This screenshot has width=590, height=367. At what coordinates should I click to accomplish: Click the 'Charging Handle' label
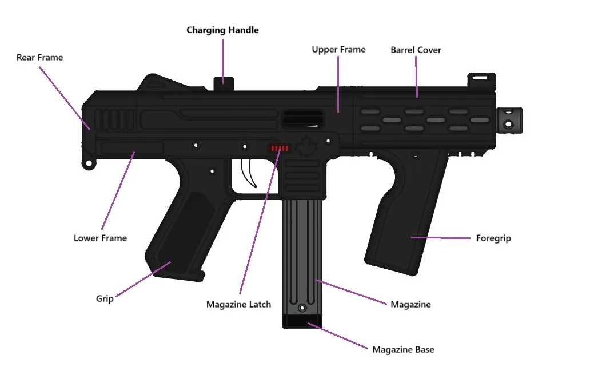pyautogui.click(x=222, y=30)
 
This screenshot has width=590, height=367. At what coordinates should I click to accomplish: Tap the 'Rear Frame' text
pyautogui.click(x=39, y=58)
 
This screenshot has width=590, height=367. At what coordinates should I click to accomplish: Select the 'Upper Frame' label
pyautogui.click(x=338, y=50)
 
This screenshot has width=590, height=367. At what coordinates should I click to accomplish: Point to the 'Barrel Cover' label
pyautogui.click(x=416, y=50)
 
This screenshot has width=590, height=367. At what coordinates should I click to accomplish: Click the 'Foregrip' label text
pyautogui.click(x=493, y=238)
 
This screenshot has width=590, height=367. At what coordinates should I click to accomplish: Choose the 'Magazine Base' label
pyautogui.click(x=403, y=350)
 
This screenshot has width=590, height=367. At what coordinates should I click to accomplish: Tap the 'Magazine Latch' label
pyautogui.click(x=238, y=305)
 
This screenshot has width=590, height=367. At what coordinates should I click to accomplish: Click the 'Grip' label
pyautogui.click(x=105, y=299)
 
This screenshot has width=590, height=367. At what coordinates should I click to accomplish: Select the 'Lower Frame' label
pyautogui.click(x=100, y=238)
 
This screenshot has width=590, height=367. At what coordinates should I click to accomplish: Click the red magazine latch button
pyautogui.click(x=280, y=148)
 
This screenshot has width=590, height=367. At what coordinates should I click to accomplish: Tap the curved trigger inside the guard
pyautogui.click(x=249, y=173)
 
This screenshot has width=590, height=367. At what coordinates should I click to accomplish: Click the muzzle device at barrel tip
pyautogui.click(x=509, y=120)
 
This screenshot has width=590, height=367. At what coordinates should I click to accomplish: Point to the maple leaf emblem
pyautogui.click(x=306, y=147)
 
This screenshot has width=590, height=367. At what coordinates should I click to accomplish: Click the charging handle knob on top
pyautogui.click(x=224, y=83)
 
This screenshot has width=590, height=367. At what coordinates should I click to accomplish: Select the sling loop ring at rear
pyautogui.click(x=89, y=163)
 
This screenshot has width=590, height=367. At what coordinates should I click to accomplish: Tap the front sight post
pyautogui.click(x=481, y=81)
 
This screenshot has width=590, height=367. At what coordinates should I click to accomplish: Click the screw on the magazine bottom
pyautogui.click(x=302, y=308)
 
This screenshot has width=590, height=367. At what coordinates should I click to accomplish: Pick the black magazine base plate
pyautogui.click(x=302, y=321)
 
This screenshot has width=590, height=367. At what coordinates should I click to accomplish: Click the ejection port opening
pyautogui.click(x=303, y=119)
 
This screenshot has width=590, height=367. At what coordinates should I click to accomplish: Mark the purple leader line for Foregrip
pyautogui.click(x=441, y=238)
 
